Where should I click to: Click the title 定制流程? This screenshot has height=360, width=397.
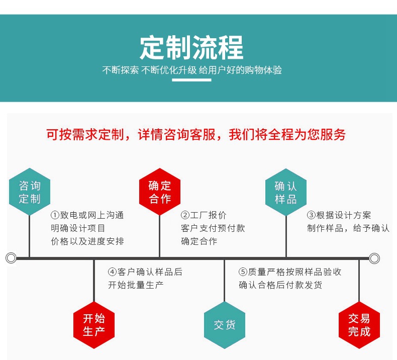(191, 48)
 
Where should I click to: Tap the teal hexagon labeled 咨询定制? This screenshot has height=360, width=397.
(30, 192)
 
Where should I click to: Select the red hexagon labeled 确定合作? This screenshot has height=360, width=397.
(160, 192)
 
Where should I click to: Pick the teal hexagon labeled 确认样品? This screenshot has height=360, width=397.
(286, 192)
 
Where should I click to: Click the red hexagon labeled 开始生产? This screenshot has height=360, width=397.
(94, 325)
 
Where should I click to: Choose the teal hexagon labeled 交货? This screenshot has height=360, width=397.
(224, 325)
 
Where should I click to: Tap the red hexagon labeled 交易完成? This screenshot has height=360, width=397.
(359, 325)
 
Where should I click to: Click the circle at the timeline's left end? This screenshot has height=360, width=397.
(11, 258)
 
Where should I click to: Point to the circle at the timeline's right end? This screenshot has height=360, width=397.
(374, 258)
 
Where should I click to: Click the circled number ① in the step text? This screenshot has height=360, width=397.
(55, 215)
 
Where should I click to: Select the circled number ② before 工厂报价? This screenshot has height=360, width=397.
(185, 215)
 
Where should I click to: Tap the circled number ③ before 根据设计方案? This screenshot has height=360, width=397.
(311, 215)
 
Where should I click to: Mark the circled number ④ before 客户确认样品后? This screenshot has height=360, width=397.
(113, 272)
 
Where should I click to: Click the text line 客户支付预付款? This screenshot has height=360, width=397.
(213, 228)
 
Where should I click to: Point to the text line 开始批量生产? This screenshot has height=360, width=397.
(136, 285)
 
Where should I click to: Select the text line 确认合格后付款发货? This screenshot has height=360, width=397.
(280, 285)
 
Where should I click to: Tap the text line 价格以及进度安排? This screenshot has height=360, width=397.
(87, 241)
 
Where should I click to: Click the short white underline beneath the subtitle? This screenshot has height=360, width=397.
(191, 80)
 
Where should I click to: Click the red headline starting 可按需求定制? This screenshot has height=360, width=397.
(196, 135)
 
